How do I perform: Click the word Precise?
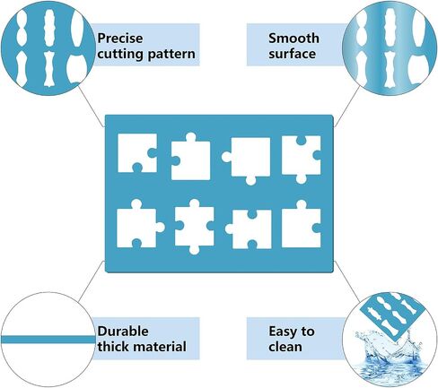(x=120, y=39)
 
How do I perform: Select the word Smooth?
(x=293, y=39)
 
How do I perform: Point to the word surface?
(x=292, y=54)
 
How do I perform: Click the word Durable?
(x=123, y=332)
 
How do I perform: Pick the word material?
(x=160, y=347)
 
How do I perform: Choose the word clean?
(x=285, y=347)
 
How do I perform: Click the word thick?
(x=114, y=347)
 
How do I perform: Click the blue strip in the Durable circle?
(x=48, y=340)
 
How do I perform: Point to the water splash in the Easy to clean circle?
(x=389, y=358)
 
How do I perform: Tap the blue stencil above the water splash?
(x=392, y=314)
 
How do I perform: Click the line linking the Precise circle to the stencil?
(x=91, y=107)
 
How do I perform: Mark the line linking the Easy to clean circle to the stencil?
(x=346, y=281)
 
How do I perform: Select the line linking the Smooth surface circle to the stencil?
(x=347, y=106)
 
